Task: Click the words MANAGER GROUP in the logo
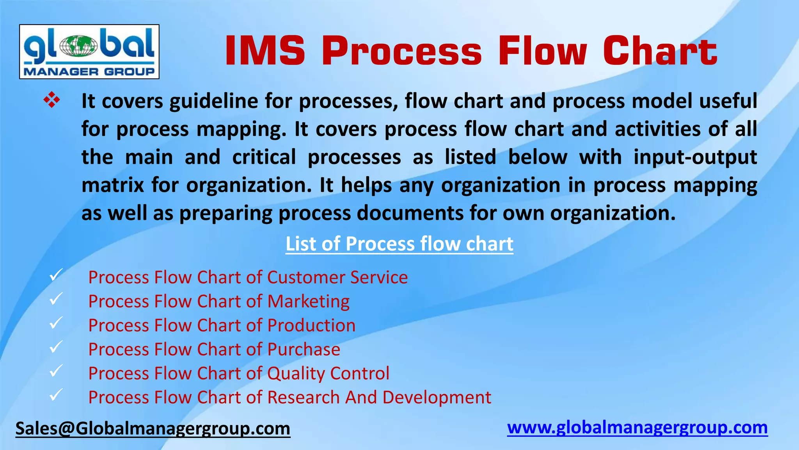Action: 89,71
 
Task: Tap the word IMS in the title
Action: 265,51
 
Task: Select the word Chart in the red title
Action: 660,51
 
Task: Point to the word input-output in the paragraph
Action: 695,157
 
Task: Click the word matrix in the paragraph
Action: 113,185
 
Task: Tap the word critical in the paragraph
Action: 264,157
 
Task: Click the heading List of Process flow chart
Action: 399,244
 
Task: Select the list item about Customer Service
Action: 248,277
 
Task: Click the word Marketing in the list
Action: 308,302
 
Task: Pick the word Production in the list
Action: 311,325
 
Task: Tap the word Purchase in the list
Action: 304,349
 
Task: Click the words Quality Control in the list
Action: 328,373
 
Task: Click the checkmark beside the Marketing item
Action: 56,299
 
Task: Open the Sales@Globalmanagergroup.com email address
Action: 153,429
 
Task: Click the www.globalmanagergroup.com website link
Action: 637,428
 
